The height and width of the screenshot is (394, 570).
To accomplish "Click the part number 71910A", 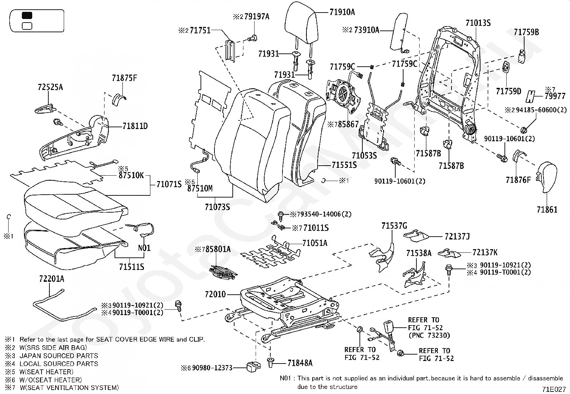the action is point(342,12).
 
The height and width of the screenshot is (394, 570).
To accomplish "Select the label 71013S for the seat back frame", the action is point(478,23).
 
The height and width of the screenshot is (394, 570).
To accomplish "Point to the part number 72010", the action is point(215,294).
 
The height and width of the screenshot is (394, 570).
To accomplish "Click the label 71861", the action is point(547,210).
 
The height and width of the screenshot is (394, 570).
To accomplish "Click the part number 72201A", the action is point(52,279).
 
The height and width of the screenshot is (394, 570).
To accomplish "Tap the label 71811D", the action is point(135,126).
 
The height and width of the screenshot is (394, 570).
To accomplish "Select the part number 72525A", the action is point(50,87).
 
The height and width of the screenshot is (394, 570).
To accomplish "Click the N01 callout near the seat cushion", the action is point(144,248).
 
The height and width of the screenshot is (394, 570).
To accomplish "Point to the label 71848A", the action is point(300,363).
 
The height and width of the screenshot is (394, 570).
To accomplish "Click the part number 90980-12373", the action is point(212,368).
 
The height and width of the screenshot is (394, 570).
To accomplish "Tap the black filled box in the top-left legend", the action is point(27,15).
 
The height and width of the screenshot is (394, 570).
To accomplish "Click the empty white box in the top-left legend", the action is point(27,26).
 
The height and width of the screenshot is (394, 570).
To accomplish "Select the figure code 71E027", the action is point(554,389).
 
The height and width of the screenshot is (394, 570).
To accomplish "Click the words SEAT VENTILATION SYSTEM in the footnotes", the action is point(72,388).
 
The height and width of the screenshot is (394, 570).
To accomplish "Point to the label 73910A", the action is point(366,30).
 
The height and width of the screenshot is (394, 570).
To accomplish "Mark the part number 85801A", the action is point(218,249).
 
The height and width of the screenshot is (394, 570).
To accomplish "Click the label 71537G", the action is point(394,226).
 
